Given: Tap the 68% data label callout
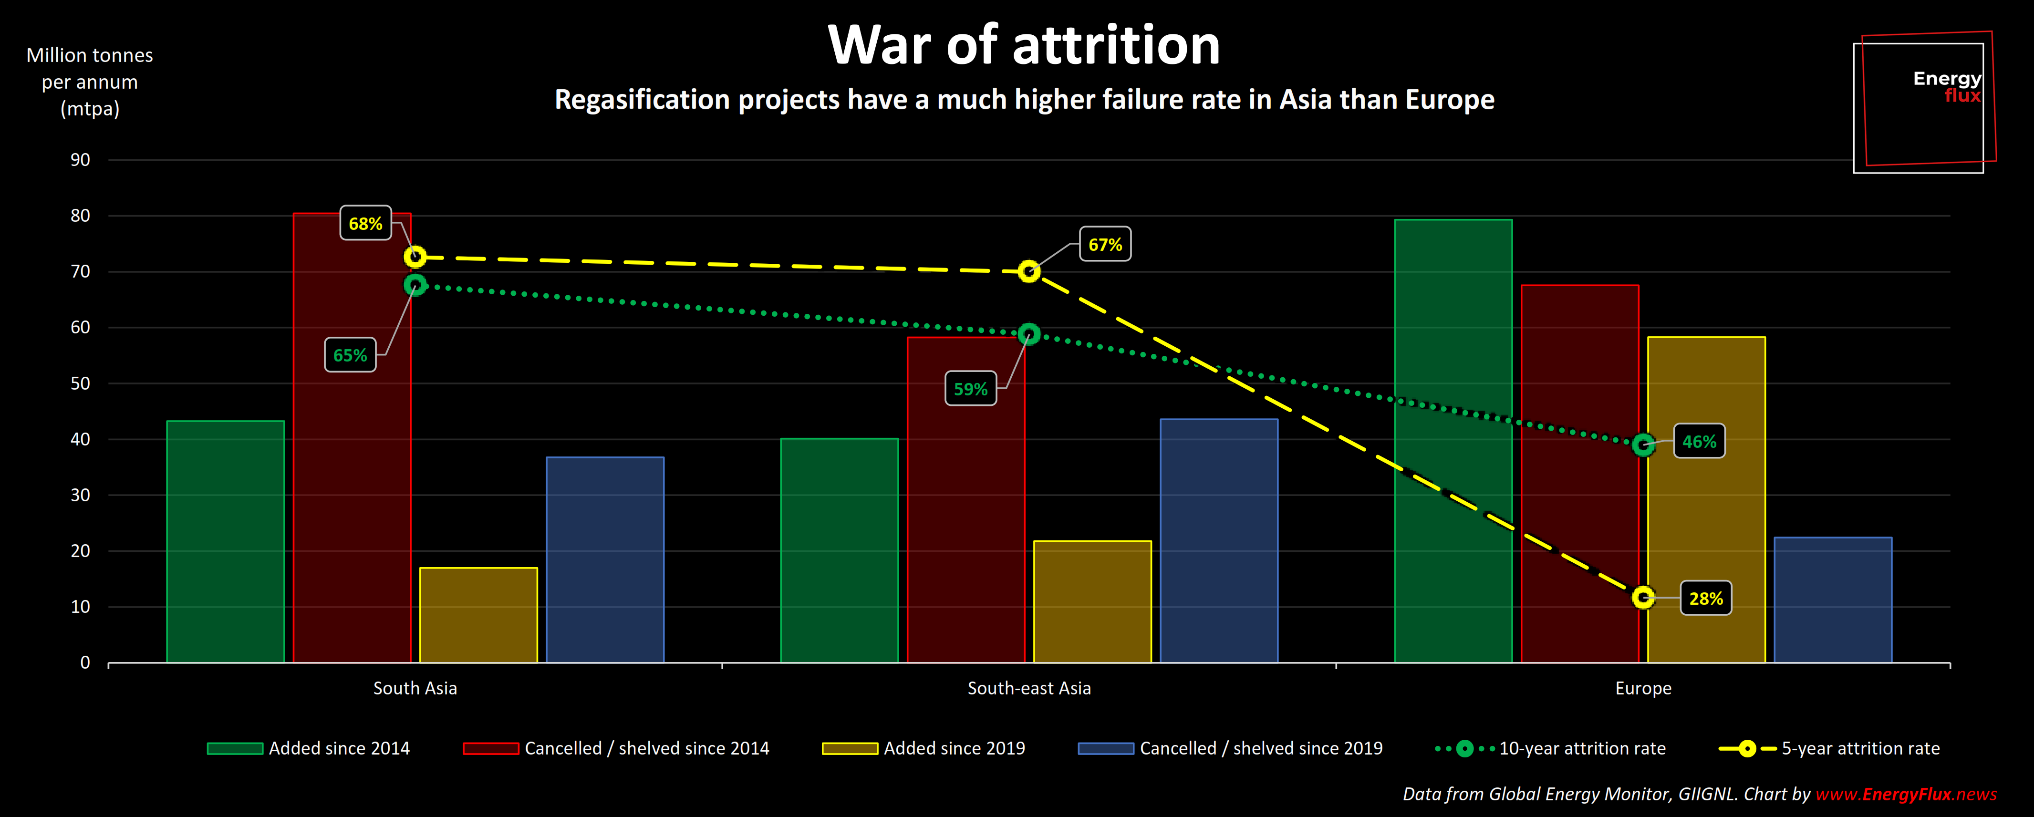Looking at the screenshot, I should pyautogui.click(x=365, y=223).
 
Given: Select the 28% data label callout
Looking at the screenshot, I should pyautogui.click(x=1705, y=599).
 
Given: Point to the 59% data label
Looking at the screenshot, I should pyautogui.click(x=970, y=389).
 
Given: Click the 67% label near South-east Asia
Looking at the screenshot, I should pyautogui.click(x=1105, y=245).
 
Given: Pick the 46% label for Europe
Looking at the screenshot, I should pyautogui.click(x=1699, y=441).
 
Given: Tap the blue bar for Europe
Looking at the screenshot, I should pyautogui.click(x=1833, y=600).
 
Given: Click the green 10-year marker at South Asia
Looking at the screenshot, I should pyautogui.click(x=415, y=285).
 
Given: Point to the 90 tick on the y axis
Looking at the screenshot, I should pyautogui.click(x=81, y=159).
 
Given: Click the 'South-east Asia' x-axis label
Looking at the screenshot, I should pyautogui.click(x=1029, y=688).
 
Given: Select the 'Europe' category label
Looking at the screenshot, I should pyautogui.click(x=1643, y=688).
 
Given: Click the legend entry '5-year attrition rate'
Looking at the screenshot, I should pyautogui.click(x=1859, y=748).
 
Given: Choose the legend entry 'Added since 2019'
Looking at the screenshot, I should pyautogui.click(x=954, y=748).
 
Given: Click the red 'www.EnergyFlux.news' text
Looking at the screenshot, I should pyautogui.click(x=1905, y=794).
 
